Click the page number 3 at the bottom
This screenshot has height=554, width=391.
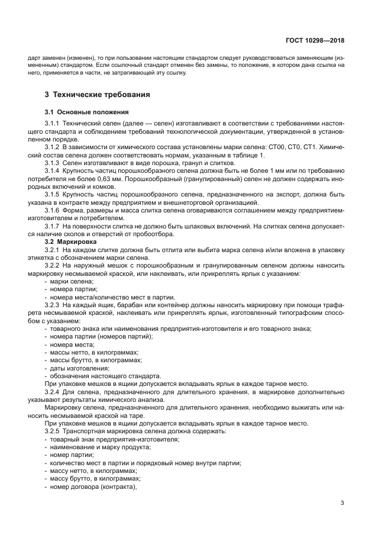pos(342,503)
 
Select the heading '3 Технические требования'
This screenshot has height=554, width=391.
pos(97,94)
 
